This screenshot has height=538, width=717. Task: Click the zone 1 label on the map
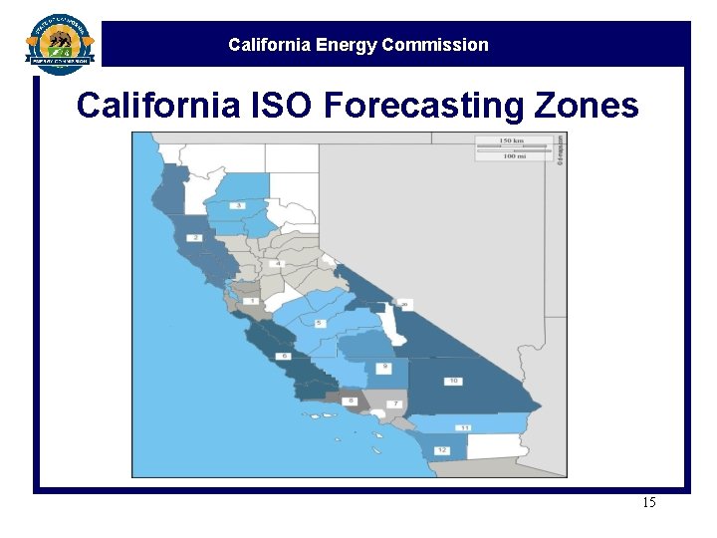252,300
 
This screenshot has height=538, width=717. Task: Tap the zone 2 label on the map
195,238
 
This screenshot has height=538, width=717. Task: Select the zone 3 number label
238,205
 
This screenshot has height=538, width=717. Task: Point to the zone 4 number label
279,263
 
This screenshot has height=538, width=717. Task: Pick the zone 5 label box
319,324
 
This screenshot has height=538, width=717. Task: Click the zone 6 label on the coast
284,356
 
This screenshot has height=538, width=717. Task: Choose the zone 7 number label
393,403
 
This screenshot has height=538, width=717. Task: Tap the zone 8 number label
352,402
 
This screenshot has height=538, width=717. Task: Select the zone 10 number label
452,381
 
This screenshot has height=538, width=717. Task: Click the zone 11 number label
465,427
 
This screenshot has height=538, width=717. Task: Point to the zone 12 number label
440,450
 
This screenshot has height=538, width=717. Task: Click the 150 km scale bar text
513,140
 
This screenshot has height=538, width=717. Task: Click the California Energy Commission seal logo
61,45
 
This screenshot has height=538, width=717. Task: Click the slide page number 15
648,502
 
